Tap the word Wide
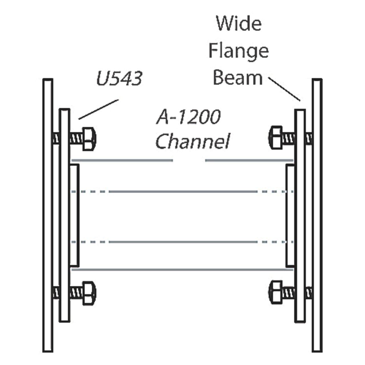coord(239,24)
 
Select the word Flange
coord(238,51)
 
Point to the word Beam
coord(238,78)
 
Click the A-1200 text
coord(188,117)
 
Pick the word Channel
coord(193,142)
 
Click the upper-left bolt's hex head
coord(89,139)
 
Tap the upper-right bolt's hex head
coord(276,137)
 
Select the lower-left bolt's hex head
coord(89,293)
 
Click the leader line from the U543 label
coord(98,109)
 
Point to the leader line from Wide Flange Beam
coord(284,89)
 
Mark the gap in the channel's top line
coord(189,160)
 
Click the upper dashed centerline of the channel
coord(182,191)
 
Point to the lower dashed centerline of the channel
coord(182,242)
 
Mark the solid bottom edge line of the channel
coord(182,269)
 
